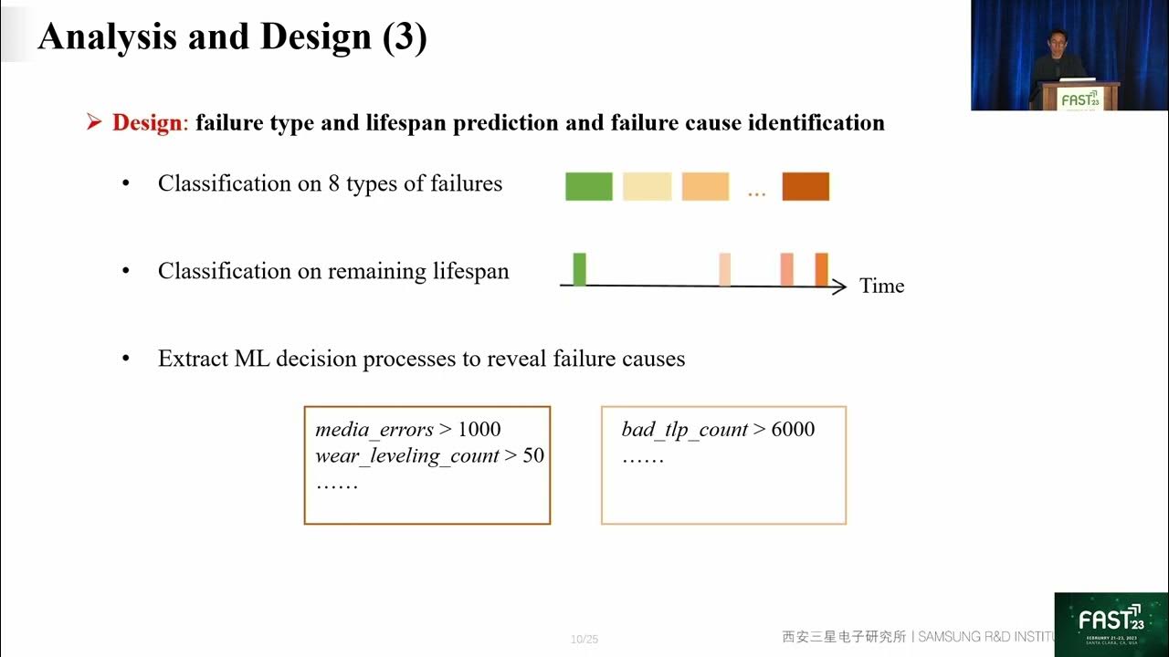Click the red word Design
click(147, 122)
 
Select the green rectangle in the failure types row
click(589, 186)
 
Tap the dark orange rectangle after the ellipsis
click(806, 186)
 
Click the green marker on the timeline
click(579, 269)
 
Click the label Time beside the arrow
click(881, 286)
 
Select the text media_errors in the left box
click(374, 429)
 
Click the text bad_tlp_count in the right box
click(684, 429)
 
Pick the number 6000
click(793, 429)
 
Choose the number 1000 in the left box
click(479, 429)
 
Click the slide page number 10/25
click(584, 639)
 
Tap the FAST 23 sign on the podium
click(1079, 99)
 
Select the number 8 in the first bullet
click(334, 183)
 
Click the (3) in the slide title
click(403, 36)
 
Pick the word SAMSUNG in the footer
click(956, 636)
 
